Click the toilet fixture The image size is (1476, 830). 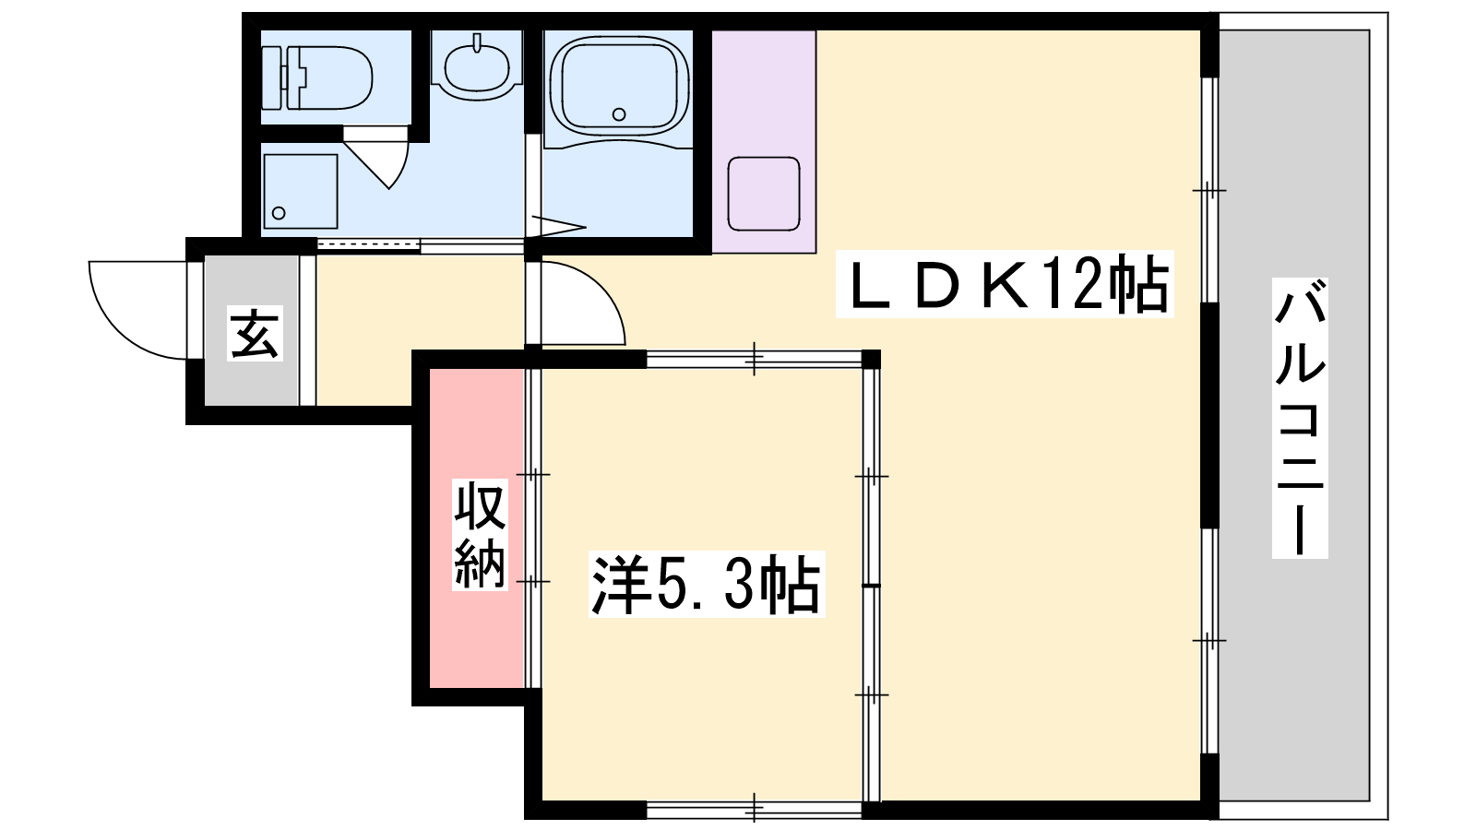pos(317,77)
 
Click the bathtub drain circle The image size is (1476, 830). pos(619,114)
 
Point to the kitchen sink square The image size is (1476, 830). pos(764,194)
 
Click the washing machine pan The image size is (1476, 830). pos(301,191)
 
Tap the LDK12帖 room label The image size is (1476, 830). pos(1005,284)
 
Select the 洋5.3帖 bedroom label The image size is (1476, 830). pos(707,585)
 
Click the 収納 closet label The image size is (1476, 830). pos(480,534)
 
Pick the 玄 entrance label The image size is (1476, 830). pos(255,333)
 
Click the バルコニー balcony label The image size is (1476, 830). pos(1300,419)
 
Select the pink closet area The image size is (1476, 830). pos(477,528)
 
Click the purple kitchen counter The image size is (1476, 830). pos(764,142)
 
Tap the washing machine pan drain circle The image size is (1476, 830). pos(279,213)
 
